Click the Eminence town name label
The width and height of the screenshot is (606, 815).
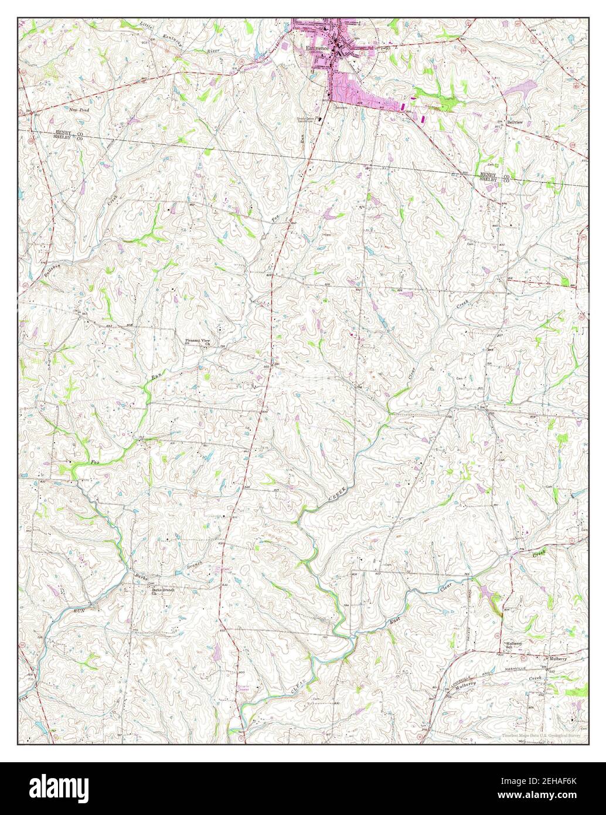tap(315, 49)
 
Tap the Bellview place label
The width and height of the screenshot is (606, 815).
tap(514, 122)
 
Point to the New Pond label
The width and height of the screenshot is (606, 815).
tap(78, 110)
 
